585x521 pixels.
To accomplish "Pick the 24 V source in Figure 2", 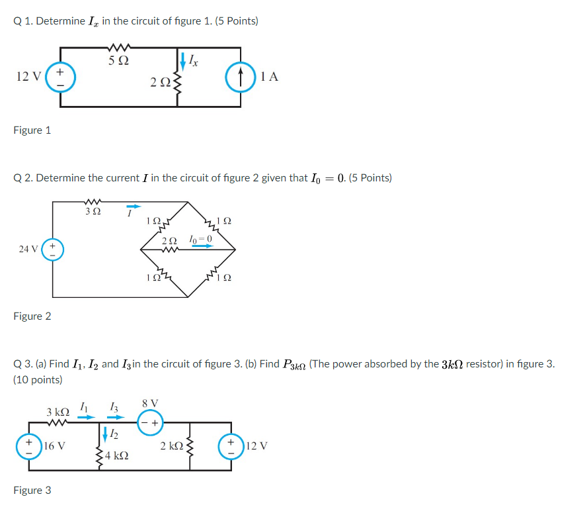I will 54,250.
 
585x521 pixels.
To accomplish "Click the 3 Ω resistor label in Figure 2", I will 93,212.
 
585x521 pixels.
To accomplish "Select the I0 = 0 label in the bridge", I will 200,238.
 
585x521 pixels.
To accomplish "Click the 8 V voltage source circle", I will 150,420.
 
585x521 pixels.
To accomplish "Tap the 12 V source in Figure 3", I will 232,446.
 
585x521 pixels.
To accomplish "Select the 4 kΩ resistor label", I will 117,456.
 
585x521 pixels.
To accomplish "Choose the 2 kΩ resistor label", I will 172,446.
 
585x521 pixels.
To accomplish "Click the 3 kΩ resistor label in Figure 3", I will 58,412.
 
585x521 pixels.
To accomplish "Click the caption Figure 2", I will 32,316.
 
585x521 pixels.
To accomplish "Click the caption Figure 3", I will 32,491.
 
